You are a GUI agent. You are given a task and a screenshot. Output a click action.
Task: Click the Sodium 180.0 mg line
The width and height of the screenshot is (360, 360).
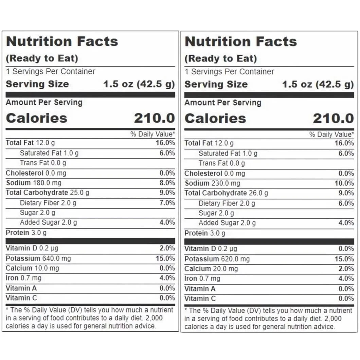click(34, 183)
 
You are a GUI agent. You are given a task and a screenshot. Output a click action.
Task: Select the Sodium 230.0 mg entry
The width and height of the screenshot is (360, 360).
click(212, 183)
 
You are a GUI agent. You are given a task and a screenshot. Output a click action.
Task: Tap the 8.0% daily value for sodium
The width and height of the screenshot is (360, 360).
click(167, 183)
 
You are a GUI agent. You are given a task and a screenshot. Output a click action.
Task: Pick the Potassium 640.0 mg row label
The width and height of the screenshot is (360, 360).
click(38, 258)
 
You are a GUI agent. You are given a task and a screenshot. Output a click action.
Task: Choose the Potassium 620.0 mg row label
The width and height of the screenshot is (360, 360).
click(217, 259)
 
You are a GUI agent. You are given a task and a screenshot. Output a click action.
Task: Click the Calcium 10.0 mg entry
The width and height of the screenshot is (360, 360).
click(32, 268)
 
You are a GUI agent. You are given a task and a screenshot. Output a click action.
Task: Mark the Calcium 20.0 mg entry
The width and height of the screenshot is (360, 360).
click(211, 269)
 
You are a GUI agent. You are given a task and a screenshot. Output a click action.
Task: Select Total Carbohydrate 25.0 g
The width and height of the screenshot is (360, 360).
click(47, 193)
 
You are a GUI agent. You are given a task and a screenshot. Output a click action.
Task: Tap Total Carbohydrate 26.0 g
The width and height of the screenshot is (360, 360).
click(226, 193)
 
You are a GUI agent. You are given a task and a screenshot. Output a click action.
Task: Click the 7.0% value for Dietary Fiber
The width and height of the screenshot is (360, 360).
click(167, 203)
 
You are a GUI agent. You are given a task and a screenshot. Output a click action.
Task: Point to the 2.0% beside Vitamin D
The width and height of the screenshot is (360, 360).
click(167, 248)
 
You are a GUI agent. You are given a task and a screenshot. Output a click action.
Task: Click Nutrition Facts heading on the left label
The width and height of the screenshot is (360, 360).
click(62, 41)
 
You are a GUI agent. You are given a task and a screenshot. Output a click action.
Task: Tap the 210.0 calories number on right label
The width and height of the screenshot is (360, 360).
click(333, 119)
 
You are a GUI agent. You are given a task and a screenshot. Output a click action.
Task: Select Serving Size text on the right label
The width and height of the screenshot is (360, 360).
click(216, 85)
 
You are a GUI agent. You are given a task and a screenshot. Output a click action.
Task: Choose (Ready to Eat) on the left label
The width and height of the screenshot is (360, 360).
click(42, 58)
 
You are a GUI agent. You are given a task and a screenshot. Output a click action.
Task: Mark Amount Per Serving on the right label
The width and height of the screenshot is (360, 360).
click(222, 103)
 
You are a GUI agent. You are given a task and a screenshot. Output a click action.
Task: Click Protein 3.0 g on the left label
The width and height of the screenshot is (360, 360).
click(26, 233)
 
